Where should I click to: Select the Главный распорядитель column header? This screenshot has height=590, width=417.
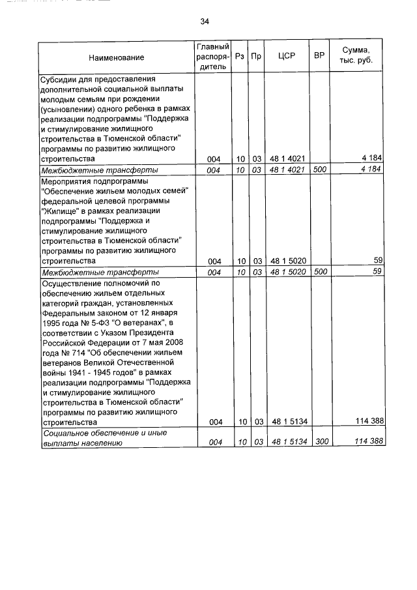(212, 57)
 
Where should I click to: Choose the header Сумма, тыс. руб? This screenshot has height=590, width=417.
(358, 57)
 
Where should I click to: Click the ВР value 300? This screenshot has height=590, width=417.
(319, 442)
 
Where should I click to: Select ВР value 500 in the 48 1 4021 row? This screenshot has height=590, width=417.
(319, 170)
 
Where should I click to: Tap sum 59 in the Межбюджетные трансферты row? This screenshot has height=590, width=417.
(377, 272)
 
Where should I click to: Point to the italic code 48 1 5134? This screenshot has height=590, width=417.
(287, 442)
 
